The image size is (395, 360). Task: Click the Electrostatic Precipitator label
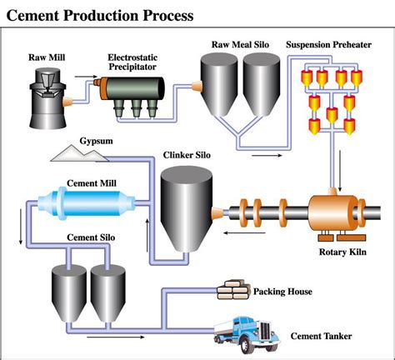tap(131, 62)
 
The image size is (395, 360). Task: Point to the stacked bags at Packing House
tap(234, 289)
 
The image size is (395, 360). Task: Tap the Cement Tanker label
tap(321, 337)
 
